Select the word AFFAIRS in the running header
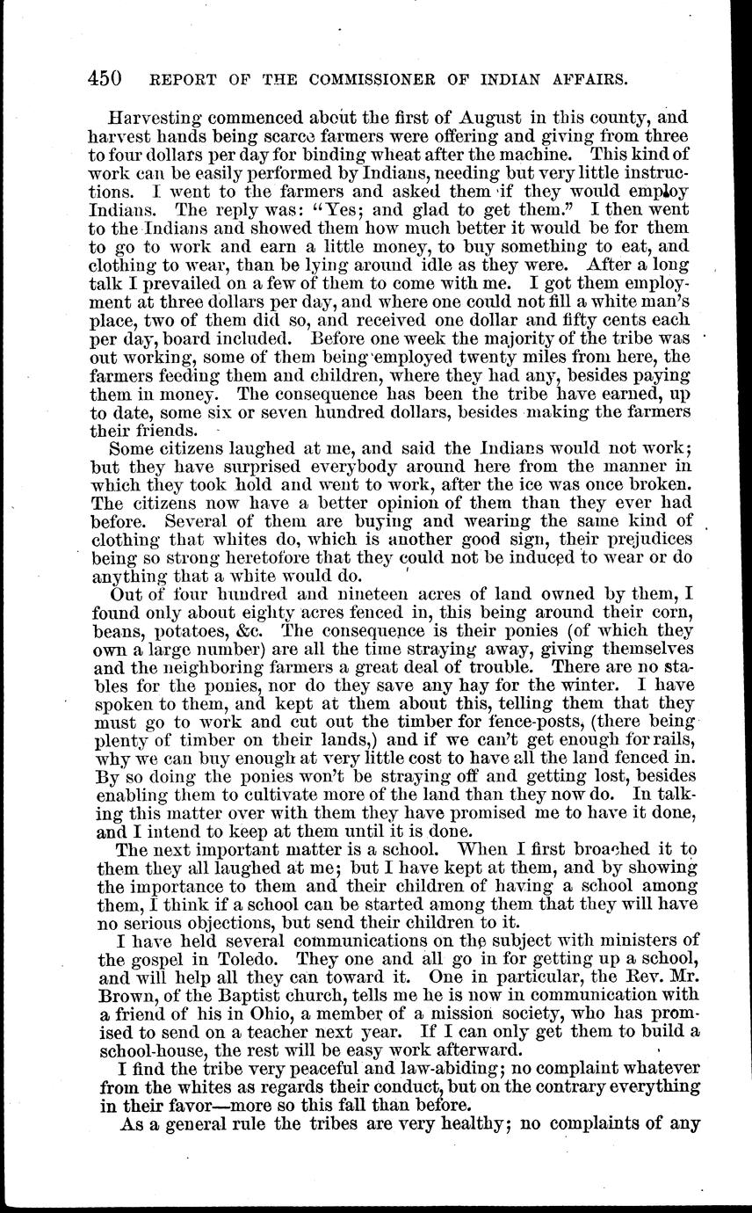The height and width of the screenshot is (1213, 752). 583,78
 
